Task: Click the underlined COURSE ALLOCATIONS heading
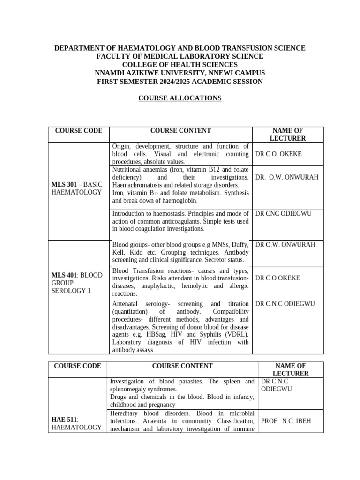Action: (180, 98)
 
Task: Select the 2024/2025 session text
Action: (177, 82)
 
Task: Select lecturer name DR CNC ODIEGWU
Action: (283, 214)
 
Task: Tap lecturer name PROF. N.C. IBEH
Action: (286, 421)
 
